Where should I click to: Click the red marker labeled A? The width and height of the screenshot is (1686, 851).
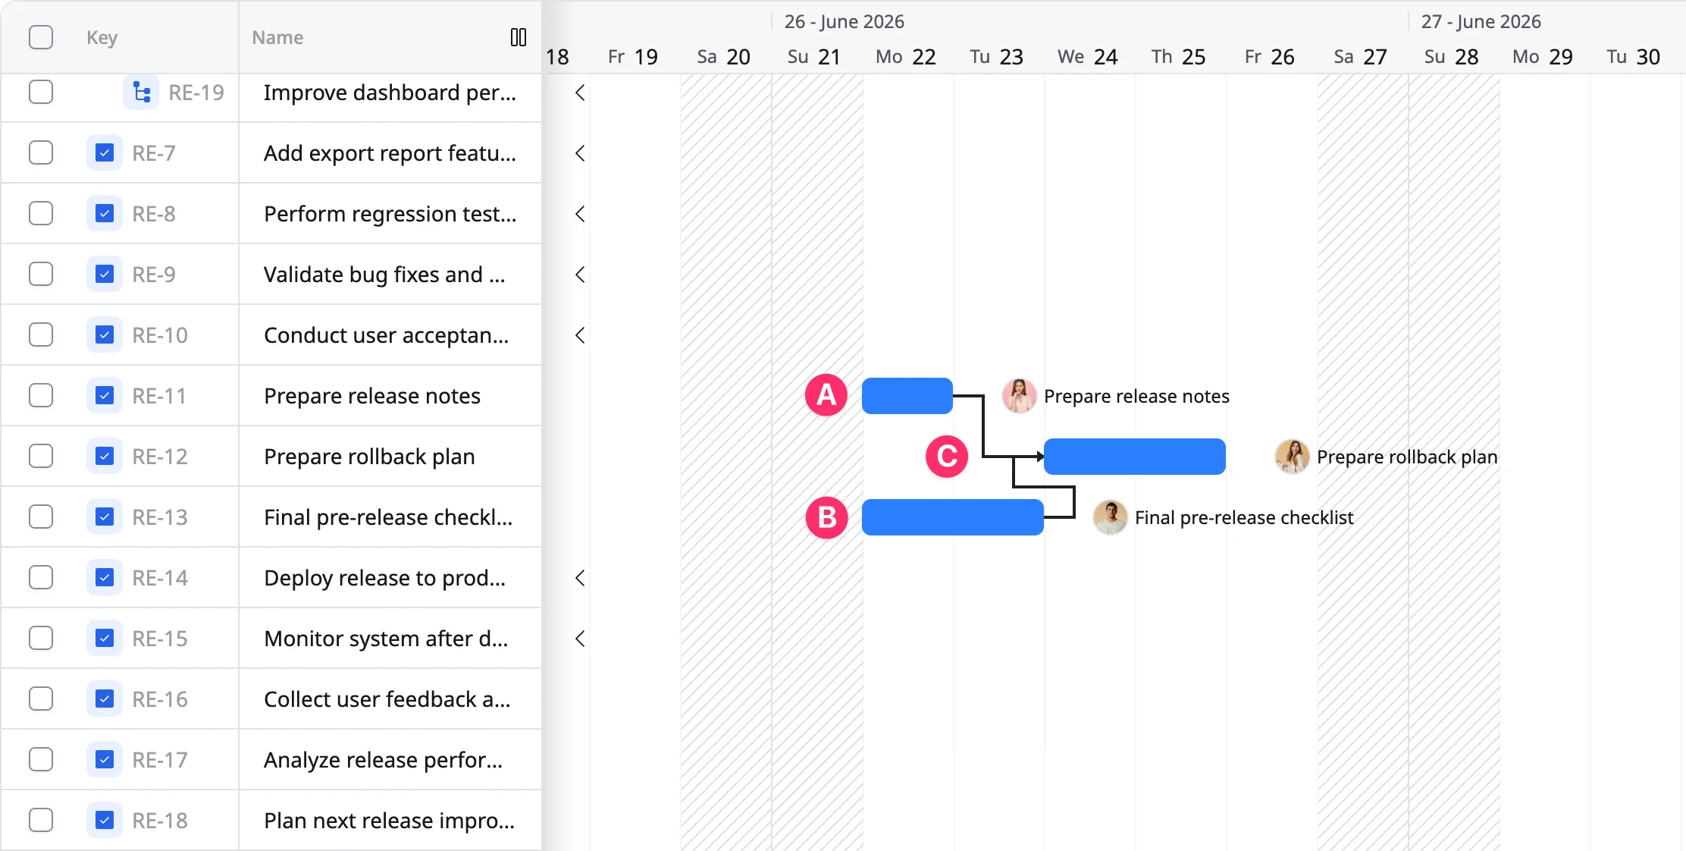pyautogui.click(x=826, y=395)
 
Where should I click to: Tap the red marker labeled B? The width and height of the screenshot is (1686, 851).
pyautogui.click(x=826, y=517)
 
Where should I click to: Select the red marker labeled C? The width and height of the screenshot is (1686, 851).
pyautogui.click(x=947, y=457)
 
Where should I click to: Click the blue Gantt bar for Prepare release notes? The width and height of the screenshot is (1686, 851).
pyautogui.click(x=907, y=396)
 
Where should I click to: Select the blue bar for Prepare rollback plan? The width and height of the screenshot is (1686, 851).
pyautogui.click(x=1135, y=457)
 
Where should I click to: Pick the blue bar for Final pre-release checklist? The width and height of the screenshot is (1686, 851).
pyautogui.click(x=953, y=517)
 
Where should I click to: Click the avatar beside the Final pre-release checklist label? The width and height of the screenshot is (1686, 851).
pyautogui.click(x=1110, y=517)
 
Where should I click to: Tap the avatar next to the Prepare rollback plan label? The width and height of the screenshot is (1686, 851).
pyautogui.click(x=1292, y=457)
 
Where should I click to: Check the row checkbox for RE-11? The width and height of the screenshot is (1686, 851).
pyautogui.click(x=41, y=395)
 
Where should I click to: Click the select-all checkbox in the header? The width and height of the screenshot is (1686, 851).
pyautogui.click(x=41, y=37)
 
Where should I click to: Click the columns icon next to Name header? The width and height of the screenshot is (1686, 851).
pyautogui.click(x=519, y=37)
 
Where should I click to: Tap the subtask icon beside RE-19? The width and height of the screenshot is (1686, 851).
pyautogui.click(x=141, y=93)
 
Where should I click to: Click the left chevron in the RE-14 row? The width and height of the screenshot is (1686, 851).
pyautogui.click(x=580, y=578)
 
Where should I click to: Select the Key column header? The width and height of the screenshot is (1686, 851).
pyautogui.click(x=102, y=37)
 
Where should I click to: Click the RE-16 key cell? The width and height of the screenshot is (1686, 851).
pyautogui.click(x=160, y=699)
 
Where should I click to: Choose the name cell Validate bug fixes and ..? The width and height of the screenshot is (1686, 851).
pyautogui.click(x=384, y=275)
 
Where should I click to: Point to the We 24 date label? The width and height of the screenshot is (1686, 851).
pyautogui.click(x=1088, y=57)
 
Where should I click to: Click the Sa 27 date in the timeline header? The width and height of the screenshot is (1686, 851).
pyautogui.click(x=1361, y=57)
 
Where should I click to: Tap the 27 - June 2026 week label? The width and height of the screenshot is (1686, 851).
pyautogui.click(x=1481, y=21)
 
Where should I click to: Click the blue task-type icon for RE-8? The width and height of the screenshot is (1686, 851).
pyautogui.click(x=105, y=214)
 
